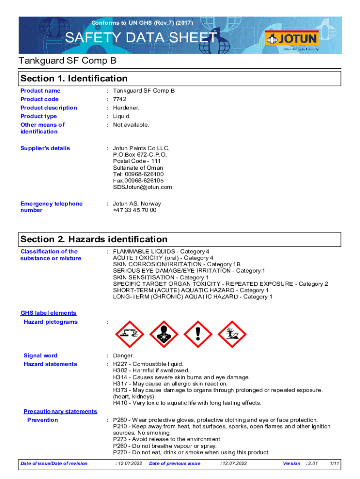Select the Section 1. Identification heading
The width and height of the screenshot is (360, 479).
[x=74, y=78]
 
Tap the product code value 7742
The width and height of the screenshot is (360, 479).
[x=120, y=99]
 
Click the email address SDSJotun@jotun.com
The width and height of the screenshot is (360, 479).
[x=142, y=187]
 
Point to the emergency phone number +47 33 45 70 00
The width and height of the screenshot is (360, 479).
[x=135, y=210]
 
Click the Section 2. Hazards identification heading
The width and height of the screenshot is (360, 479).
[x=94, y=239]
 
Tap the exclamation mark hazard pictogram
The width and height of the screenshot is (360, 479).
[x=198, y=334]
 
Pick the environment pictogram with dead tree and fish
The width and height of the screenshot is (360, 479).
[x=232, y=334]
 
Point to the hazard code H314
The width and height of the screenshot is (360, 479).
[x=121, y=377]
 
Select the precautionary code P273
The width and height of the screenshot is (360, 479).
[x=121, y=439]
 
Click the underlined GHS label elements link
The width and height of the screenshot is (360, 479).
[x=49, y=313]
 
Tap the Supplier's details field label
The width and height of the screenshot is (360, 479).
[x=45, y=148]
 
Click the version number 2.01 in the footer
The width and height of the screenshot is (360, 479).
[x=312, y=463]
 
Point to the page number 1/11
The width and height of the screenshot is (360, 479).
[x=334, y=463]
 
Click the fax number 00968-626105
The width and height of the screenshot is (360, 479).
[x=143, y=181]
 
